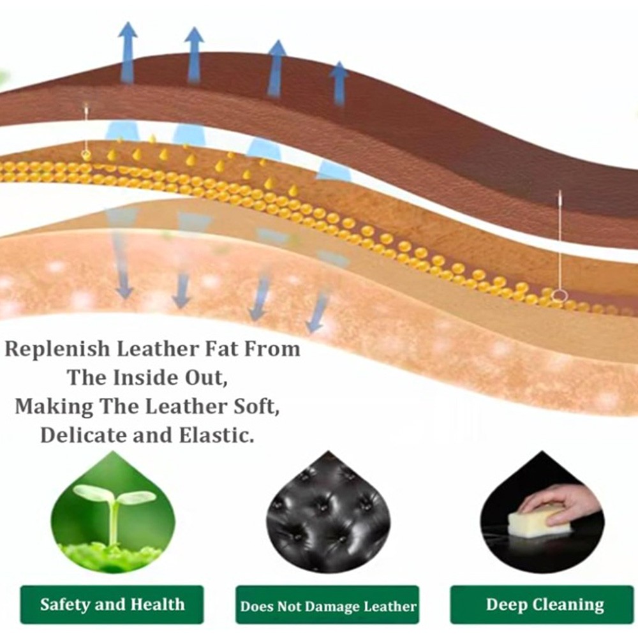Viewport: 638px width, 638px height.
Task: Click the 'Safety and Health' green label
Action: pos(112,604)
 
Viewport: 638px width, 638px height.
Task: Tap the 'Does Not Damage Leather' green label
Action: pos(327,605)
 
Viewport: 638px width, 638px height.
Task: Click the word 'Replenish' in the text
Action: pos(57,350)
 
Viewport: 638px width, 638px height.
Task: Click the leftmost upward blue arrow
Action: pos(128,53)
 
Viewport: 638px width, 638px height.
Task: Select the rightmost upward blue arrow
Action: pos(339,84)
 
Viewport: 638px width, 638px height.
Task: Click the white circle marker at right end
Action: pos(561,295)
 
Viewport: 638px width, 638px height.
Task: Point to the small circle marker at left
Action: pos(85,154)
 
